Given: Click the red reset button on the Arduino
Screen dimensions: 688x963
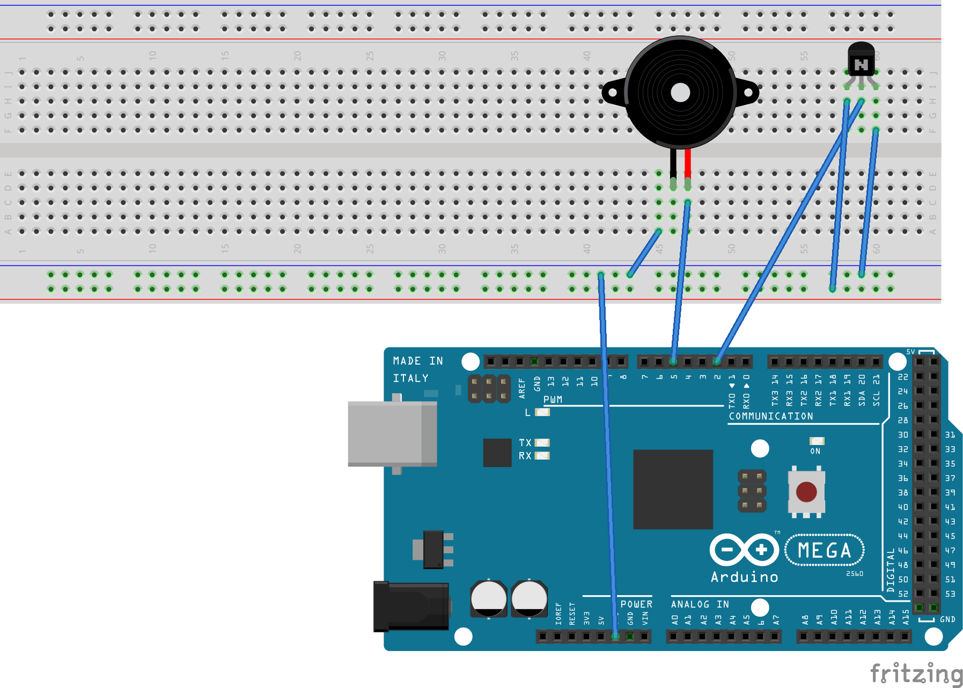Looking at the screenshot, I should pyautogui.click(x=806, y=491).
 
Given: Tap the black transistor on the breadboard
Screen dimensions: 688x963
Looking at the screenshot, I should pyautogui.click(x=861, y=60).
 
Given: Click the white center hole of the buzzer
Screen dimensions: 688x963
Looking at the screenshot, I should pyautogui.click(x=680, y=93).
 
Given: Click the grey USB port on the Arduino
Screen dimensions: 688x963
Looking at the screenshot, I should pyautogui.click(x=392, y=433).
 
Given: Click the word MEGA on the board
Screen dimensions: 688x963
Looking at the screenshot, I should pyautogui.click(x=825, y=551).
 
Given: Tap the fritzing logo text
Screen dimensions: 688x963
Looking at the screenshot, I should pyautogui.click(x=916, y=674).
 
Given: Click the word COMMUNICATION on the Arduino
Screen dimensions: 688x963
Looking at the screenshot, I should pyautogui.click(x=770, y=416).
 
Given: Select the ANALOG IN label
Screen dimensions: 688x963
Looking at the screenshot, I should pyautogui.click(x=700, y=604).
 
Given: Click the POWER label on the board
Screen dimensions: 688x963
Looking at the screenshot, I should pyautogui.click(x=636, y=604).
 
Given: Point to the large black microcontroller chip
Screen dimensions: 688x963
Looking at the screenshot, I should pyautogui.click(x=673, y=489).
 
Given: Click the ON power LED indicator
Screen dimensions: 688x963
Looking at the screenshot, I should pyautogui.click(x=817, y=441).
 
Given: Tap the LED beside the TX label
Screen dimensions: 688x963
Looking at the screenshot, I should pyautogui.click(x=542, y=443).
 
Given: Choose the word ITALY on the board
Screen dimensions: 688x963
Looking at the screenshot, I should pyautogui.click(x=410, y=379).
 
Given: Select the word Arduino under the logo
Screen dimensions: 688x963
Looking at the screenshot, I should pyautogui.click(x=744, y=577).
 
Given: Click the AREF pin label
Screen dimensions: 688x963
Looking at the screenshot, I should pyautogui.click(x=522, y=388).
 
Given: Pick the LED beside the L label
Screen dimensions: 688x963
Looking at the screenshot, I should pyautogui.click(x=542, y=412).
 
